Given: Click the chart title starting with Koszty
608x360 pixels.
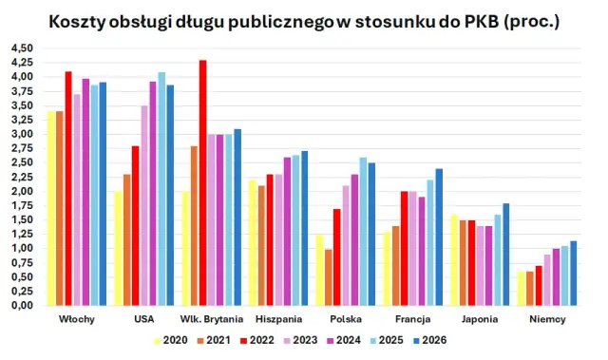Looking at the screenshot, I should tap(303, 20).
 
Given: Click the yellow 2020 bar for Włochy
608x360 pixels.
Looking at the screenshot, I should tap(49, 209).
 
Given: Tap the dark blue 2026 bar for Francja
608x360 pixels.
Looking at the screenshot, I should tap(439, 237).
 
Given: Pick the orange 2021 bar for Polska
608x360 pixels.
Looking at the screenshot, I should tap(328, 277).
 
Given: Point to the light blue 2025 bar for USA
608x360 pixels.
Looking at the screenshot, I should tap(161, 189).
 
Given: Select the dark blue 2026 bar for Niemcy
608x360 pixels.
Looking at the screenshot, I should tap(574, 274).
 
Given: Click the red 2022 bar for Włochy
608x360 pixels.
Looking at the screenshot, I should tap(67, 189).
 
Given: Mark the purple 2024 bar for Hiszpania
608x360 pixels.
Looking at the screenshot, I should tap(287, 232).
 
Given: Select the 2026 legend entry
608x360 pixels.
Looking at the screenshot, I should tap(427, 340).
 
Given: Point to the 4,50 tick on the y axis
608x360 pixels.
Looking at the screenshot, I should tap(21, 48).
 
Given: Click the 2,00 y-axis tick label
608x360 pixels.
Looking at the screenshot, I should tap(21, 192).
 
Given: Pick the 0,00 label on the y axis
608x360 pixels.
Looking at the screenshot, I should tap(21, 306).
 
